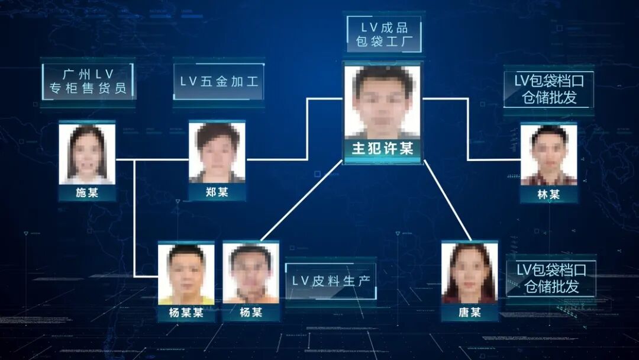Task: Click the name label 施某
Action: [x=87, y=193]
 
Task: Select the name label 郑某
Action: [x=217, y=192]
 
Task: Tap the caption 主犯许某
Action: [x=382, y=149]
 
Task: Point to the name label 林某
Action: [x=548, y=194]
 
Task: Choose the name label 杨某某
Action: [x=186, y=313]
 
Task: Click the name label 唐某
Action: [x=470, y=312]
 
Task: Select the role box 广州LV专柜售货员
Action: [x=88, y=82]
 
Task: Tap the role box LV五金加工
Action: [x=219, y=82]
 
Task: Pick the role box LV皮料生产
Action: [x=330, y=281]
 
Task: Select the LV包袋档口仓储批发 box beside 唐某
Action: [x=551, y=278]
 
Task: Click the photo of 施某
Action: [x=87, y=153]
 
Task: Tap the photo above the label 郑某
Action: [x=217, y=152]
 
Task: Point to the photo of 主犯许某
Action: [x=382, y=102]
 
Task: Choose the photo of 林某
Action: [x=548, y=154]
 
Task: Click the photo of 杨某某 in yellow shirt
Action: [x=186, y=274]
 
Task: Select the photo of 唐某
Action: [x=470, y=273]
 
